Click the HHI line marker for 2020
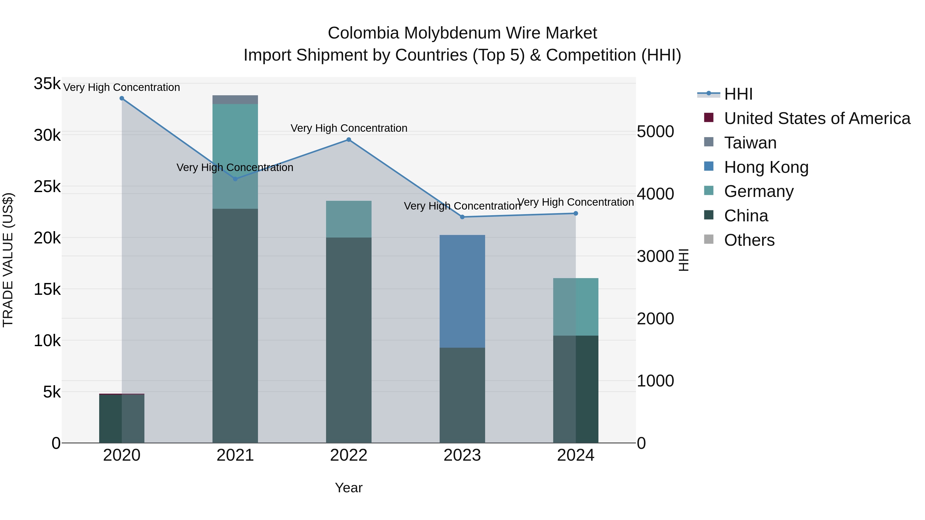[x=122, y=98]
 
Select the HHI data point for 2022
[x=349, y=140]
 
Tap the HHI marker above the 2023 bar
[x=462, y=217]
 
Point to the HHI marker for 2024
[x=576, y=214]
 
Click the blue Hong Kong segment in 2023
[x=462, y=291]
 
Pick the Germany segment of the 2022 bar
[x=349, y=219]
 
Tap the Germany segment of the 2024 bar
[x=576, y=307]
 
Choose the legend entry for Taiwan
[x=750, y=143]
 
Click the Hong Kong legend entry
[x=766, y=167]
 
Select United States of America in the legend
[x=817, y=118]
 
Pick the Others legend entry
[x=749, y=240]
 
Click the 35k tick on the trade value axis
[x=47, y=84]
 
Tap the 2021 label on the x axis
[x=235, y=455]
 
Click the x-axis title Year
[x=349, y=488]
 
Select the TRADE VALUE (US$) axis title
[x=8, y=260]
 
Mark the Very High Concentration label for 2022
[x=349, y=128]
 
